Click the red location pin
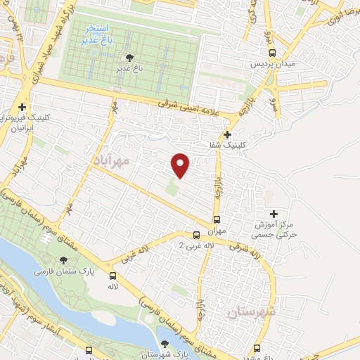click(181, 165)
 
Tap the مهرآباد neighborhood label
click(112, 160)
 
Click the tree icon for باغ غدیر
click(128, 58)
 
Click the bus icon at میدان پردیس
click(273, 52)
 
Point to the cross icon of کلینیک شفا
click(227, 134)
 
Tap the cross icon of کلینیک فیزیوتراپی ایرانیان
click(22, 106)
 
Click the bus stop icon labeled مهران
click(217, 219)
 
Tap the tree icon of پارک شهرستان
click(165, 345)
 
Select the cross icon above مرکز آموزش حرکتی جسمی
click(274, 213)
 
